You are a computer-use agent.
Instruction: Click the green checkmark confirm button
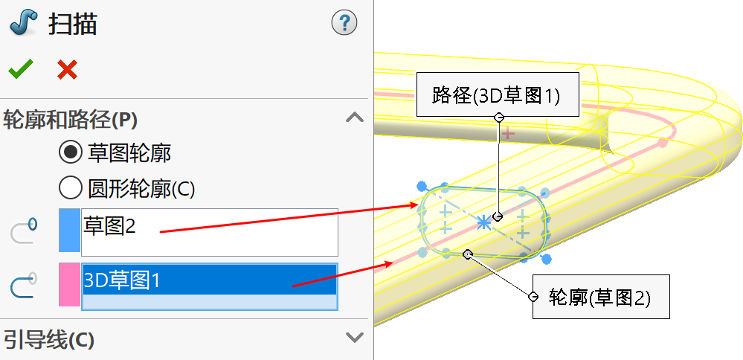point(20,70)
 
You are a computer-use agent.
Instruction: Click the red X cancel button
point(67,70)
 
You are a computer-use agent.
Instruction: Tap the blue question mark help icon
point(344,23)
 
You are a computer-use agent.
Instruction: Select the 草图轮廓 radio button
point(71,153)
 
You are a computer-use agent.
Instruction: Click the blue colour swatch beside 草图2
point(68,232)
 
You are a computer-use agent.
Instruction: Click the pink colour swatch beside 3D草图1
point(68,285)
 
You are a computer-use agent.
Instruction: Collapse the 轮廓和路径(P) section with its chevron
point(355,118)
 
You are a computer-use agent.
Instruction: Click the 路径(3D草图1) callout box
point(496,94)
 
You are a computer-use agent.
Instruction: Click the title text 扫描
point(73,24)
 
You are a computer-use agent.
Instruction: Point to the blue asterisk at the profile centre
point(483,222)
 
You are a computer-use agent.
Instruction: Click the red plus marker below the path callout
point(508,134)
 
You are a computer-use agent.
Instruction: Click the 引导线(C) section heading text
point(49,340)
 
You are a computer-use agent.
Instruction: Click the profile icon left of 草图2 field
point(24,231)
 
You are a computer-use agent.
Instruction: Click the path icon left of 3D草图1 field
point(24,286)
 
